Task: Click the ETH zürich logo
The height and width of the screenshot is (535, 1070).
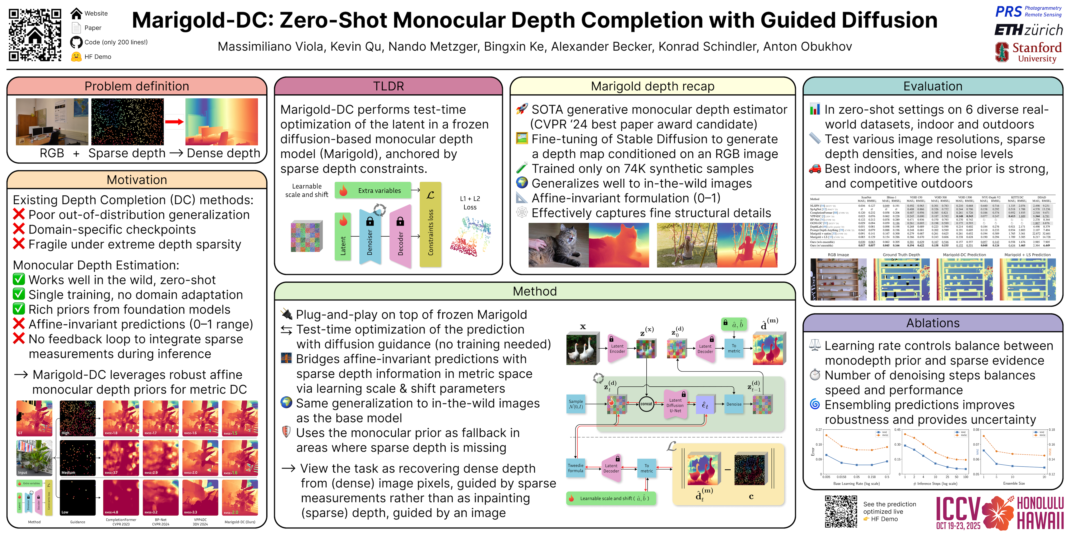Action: [1028, 30]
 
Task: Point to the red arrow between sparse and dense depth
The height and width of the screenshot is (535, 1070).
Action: [174, 122]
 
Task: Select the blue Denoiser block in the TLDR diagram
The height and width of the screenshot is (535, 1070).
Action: [370, 237]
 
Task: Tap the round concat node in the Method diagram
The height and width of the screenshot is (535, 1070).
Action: [646, 404]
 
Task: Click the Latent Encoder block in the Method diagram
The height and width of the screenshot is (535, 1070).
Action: [617, 349]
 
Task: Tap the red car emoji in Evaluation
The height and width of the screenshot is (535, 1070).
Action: [815, 169]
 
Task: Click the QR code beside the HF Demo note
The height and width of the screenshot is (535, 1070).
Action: [841, 511]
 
